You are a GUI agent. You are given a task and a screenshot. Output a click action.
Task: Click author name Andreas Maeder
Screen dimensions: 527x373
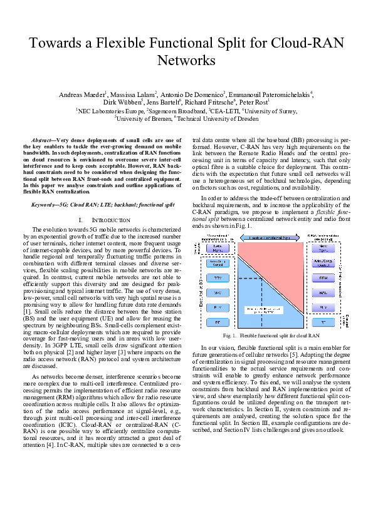pyautogui.click(x=81, y=95)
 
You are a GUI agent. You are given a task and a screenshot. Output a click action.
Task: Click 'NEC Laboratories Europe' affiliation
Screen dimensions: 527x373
pyautogui.click(x=112, y=110)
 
